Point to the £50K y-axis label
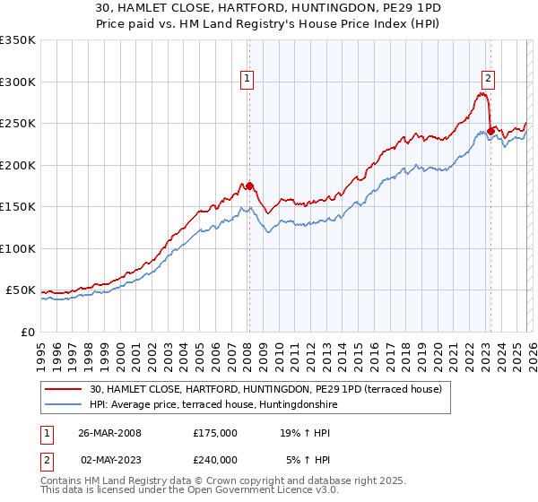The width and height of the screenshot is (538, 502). (20, 290)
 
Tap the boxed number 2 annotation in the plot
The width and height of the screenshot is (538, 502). (489, 78)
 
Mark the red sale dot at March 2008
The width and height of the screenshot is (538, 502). (249, 186)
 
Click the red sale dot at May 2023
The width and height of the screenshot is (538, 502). (490, 132)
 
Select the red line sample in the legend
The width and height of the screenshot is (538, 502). (64, 390)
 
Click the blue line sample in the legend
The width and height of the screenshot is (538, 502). (64, 405)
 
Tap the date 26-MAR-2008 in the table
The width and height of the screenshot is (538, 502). (109, 432)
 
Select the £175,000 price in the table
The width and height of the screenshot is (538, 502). (215, 432)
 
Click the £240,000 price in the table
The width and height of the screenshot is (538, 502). (215, 459)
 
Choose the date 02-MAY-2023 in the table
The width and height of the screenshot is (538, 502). (109, 459)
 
